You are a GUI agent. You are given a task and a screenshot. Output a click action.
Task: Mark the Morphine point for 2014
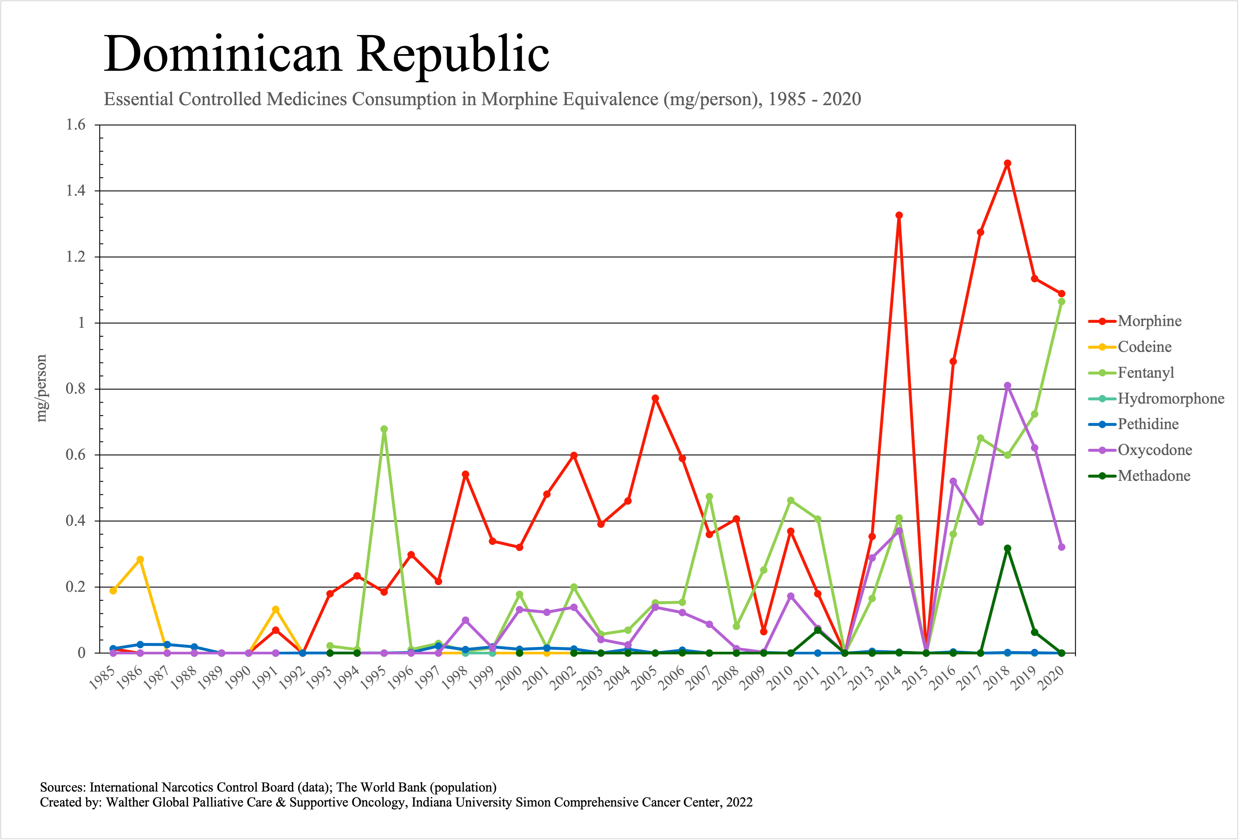[899, 216]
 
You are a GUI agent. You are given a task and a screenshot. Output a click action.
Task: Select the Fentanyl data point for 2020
[1061, 302]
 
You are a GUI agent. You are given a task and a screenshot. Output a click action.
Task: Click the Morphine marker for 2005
[655, 398]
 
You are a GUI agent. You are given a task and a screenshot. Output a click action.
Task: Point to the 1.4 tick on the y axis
[76, 191]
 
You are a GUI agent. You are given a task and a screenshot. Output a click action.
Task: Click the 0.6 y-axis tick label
[76, 455]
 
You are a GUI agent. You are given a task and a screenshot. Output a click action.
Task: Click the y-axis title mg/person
[41, 388]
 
